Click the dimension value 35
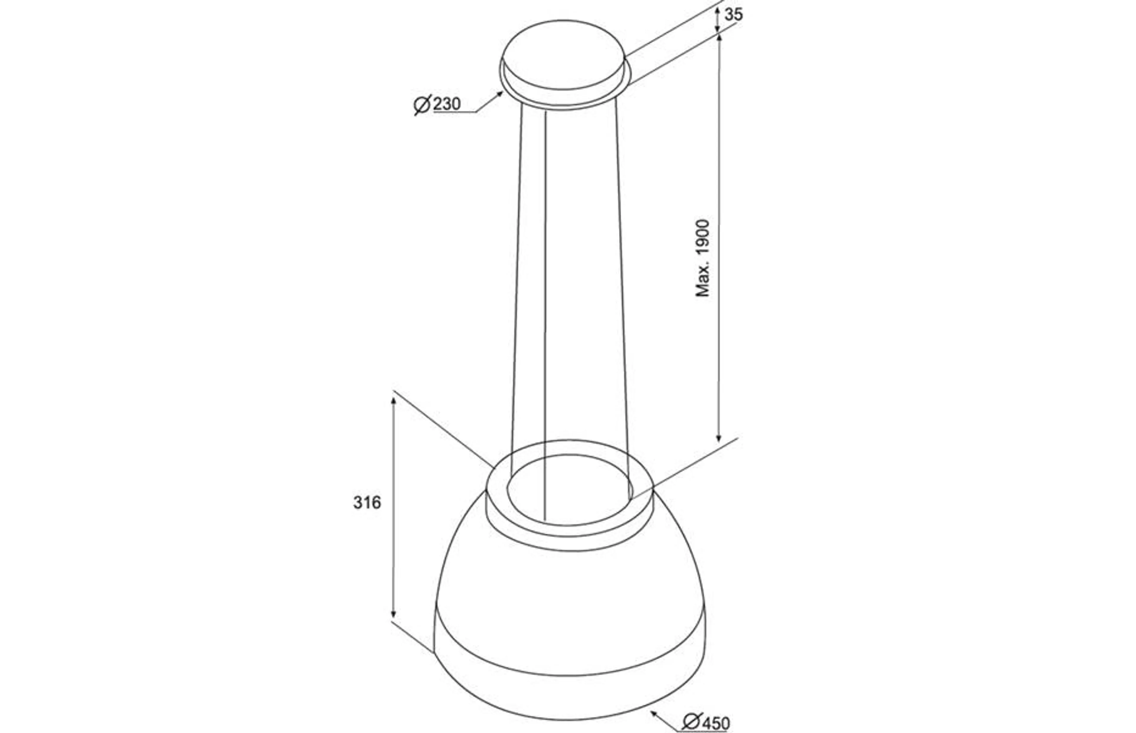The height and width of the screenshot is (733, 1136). [x=733, y=15]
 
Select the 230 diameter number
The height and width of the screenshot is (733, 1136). [x=446, y=104]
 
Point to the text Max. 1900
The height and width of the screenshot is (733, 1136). [x=703, y=258]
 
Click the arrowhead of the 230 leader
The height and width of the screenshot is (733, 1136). [x=499, y=94]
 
